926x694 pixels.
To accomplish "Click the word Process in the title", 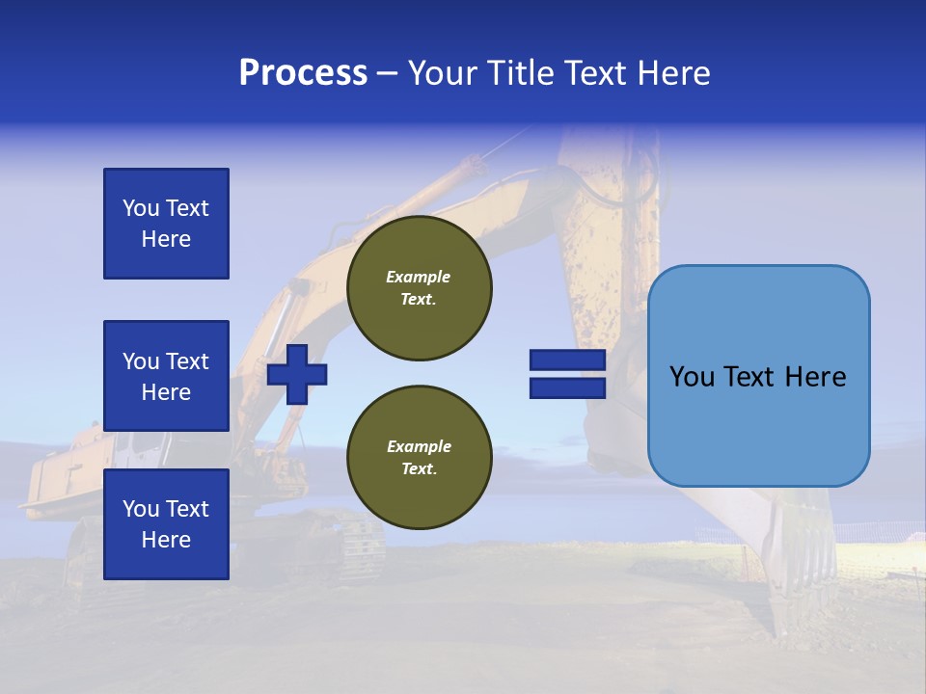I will pos(303,73).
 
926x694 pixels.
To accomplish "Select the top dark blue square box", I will pos(166,224).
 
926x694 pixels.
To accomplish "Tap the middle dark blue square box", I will pos(166,376).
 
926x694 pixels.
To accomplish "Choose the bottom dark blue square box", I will pos(166,524).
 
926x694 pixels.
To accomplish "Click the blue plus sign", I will pos(297,374).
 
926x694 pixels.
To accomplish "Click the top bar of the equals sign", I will pos(567,360).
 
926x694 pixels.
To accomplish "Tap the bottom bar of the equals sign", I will pos(567,387).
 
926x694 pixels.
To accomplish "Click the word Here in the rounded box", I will pos(815,377).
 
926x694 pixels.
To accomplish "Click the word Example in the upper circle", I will pos(419,277).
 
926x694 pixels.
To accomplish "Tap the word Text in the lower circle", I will pos(419,469).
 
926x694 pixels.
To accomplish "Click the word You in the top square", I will pos(141,208).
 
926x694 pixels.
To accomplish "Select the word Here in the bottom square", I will pos(166,540).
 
